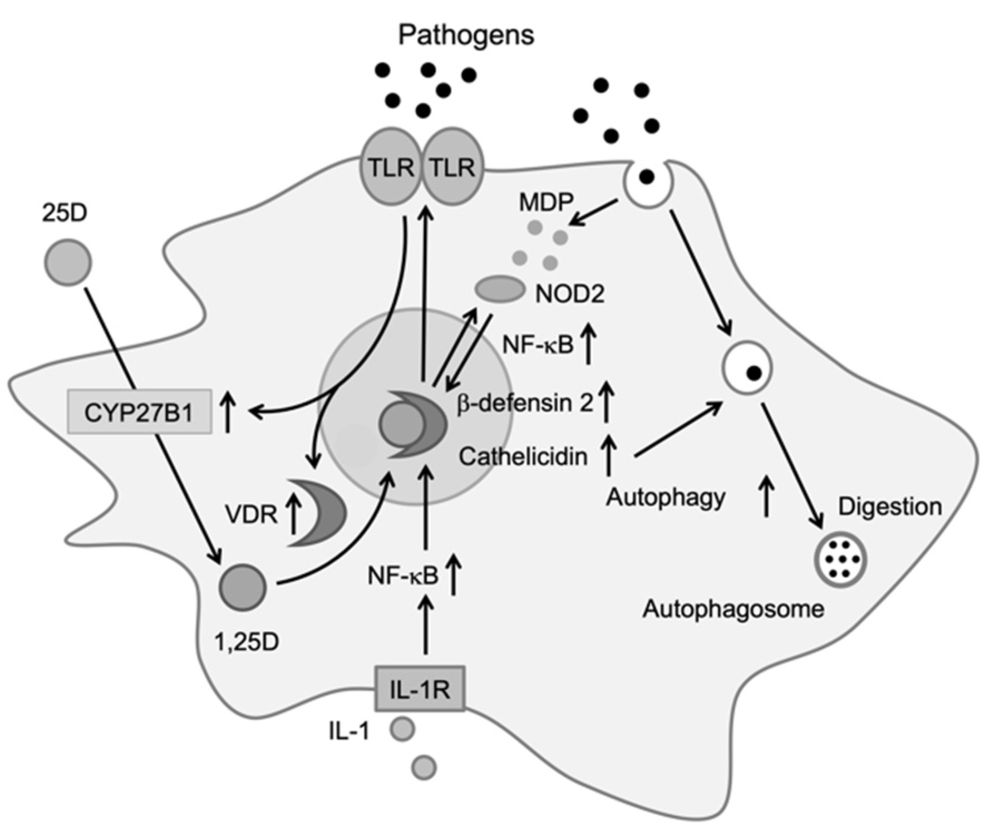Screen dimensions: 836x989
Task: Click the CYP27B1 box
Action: tap(139, 412)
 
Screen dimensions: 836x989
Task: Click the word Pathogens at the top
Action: tap(466, 35)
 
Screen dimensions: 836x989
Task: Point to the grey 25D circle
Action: tap(68, 262)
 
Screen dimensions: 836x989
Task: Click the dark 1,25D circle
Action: tap(243, 587)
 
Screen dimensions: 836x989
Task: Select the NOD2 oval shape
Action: tap(500, 289)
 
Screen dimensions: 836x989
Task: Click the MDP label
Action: tap(545, 203)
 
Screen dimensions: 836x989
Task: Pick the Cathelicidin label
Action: tap(523, 456)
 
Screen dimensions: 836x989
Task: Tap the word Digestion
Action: tap(890, 506)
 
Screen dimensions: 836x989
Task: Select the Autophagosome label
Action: tap(733, 609)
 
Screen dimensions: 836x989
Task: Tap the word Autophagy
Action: tap(666, 497)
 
